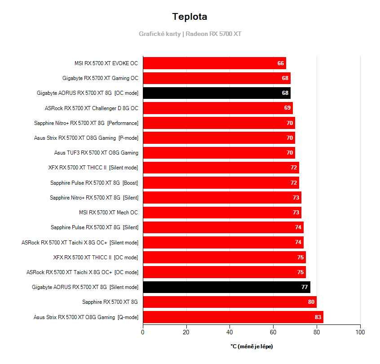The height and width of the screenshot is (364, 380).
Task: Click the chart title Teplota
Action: pos(190,17)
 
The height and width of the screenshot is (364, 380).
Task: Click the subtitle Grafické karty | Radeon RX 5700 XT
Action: pos(190,34)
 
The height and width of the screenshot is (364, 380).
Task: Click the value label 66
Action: pos(281,63)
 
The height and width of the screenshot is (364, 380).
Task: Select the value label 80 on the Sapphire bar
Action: pos(311,302)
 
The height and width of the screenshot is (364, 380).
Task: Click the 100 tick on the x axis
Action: pos(360,333)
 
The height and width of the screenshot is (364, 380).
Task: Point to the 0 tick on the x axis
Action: pos(143,333)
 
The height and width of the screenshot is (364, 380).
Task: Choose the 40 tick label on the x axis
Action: pos(230,333)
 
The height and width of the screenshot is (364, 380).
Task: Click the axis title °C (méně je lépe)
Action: pos(252,346)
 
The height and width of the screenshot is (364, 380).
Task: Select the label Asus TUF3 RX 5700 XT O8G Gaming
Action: pos(96,153)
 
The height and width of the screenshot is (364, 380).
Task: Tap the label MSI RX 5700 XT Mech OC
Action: pos(108,213)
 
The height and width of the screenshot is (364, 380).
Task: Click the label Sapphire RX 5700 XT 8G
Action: pos(110,302)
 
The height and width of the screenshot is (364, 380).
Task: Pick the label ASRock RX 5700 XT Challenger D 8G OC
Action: pos(92,108)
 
